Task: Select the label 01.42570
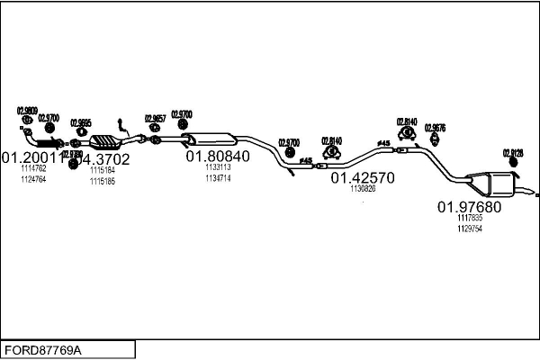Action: click(x=362, y=177)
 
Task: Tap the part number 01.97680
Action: click(x=470, y=207)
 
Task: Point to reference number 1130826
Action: click(x=363, y=189)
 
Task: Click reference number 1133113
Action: click(x=218, y=167)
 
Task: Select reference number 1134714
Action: click(x=218, y=178)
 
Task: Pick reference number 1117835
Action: click(x=470, y=218)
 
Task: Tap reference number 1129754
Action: click(x=470, y=229)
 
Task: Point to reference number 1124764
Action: click(x=32, y=180)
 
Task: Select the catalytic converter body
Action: click(x=106, y=142)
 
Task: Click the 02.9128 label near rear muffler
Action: click(x=513, y=153)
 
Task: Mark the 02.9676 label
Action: click(x=436, y=128)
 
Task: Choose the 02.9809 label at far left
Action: click(x=27, y=111)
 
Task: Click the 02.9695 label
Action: click(x=81, y=122)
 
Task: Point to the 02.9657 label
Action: click(x=154, y=118)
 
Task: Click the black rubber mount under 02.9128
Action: click(x=514, y=163)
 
